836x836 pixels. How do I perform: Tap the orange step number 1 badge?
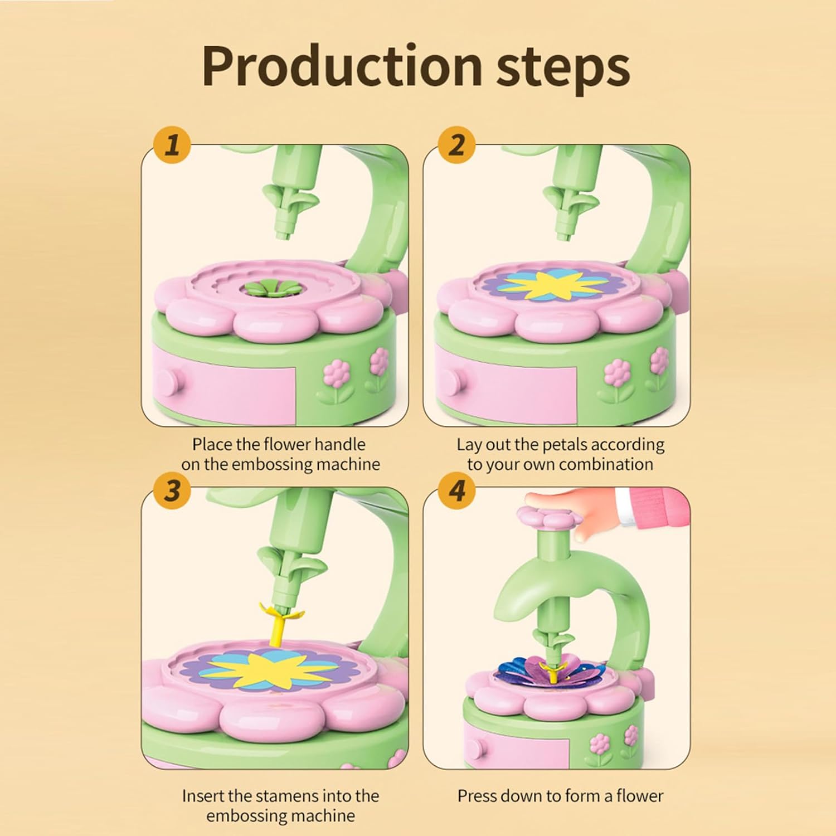click(x=173, y=145)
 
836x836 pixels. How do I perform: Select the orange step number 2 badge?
click(x=456, y=145)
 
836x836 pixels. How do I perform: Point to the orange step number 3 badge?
click(x=173, y=491)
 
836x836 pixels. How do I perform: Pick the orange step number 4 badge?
click(x=456, y=491)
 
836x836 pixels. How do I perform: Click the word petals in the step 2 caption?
click(x=564, y=444)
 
